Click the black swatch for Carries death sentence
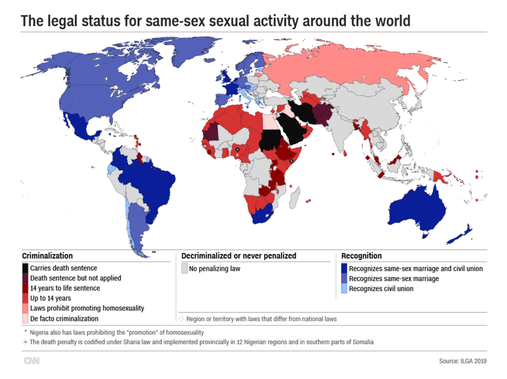25,268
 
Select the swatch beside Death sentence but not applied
25,278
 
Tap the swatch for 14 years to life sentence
25,289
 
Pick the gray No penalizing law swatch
184,268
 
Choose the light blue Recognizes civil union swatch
344,289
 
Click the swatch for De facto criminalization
25,319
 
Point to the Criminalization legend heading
47,256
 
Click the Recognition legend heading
362,256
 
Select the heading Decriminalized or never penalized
238,256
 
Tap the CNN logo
31,361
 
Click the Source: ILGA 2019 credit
463,361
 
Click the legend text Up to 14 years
51,298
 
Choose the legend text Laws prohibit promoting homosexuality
87,308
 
